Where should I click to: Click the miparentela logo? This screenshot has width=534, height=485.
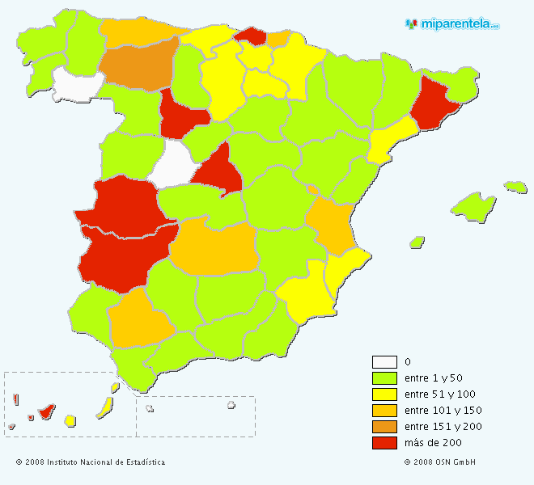(452, 24)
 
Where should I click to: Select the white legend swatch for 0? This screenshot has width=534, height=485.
(384, 362)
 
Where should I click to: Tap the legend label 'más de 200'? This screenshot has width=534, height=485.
(433, 443)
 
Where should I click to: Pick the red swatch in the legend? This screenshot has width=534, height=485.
(384, 443)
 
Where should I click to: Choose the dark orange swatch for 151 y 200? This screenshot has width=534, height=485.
(384, 427)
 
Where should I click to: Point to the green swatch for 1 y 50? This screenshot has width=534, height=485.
(384, 378)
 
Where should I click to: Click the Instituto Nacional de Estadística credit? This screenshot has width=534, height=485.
(90, 462)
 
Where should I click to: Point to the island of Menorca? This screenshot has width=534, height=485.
(515, 187)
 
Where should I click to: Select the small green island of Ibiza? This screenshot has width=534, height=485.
(417, 242)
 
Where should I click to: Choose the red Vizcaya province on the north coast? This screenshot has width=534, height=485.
(252, 36)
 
